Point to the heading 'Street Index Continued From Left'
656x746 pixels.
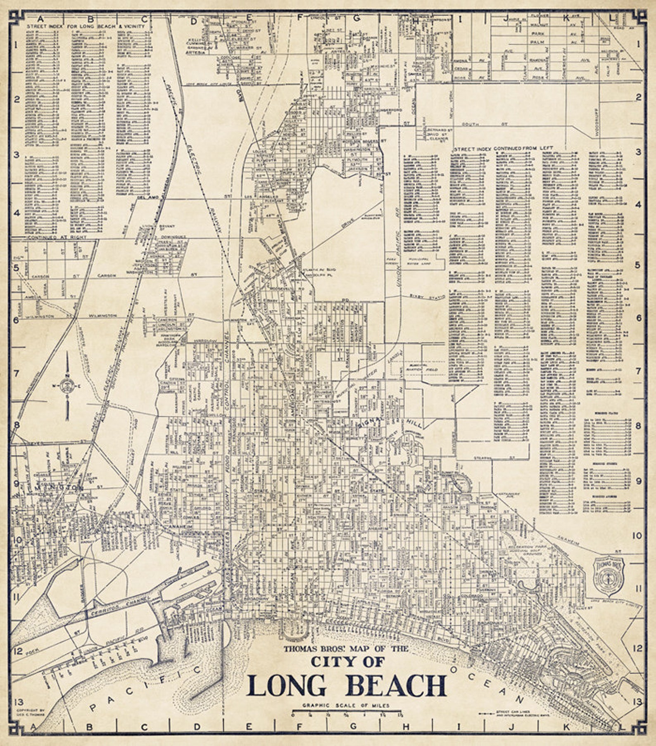(x=504, y=148)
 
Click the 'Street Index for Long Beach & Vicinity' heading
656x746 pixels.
(x=86, y=26)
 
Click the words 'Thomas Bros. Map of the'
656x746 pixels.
(x=345, y=649)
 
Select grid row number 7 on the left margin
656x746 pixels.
(x=17, y=374)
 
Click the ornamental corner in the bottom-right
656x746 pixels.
(x=638, y=728)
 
